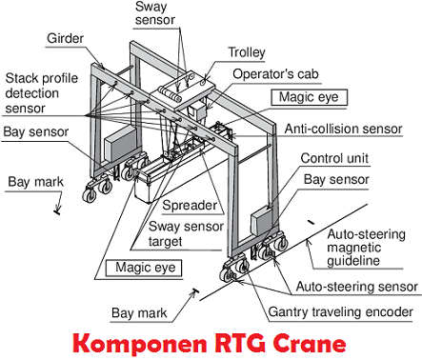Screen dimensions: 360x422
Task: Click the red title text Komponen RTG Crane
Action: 211,340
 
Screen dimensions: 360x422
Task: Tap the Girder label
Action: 67,39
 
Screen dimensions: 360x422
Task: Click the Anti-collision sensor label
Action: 349,127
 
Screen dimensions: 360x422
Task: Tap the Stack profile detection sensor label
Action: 41,93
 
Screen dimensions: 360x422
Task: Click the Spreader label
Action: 187,206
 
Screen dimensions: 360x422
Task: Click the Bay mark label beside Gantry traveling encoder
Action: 144,311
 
